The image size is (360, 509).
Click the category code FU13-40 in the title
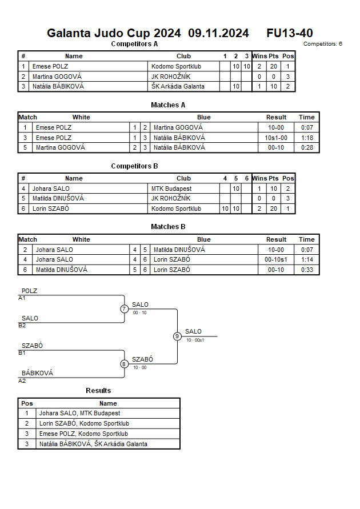290,33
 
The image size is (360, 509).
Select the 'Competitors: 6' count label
322,44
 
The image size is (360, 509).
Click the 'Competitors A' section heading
134,43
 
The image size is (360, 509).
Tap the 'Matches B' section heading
168,227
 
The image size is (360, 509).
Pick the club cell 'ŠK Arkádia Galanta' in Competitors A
178,87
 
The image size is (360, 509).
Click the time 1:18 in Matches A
306,138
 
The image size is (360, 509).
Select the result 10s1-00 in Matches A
276,138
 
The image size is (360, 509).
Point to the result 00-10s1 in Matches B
276,260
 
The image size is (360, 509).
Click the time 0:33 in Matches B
306,270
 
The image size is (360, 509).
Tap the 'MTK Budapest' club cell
171,189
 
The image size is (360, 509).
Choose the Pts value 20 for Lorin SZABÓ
274,209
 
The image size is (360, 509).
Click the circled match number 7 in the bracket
124,309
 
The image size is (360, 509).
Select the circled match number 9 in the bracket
177,336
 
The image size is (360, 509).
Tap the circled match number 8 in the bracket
124,364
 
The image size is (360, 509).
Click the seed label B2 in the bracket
22,325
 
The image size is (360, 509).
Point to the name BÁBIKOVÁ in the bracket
37,373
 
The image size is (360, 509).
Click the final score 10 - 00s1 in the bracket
195,340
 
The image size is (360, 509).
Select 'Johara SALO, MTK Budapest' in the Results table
79,413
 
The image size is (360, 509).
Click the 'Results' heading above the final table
98,391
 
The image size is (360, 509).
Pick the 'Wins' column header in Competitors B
259,178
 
